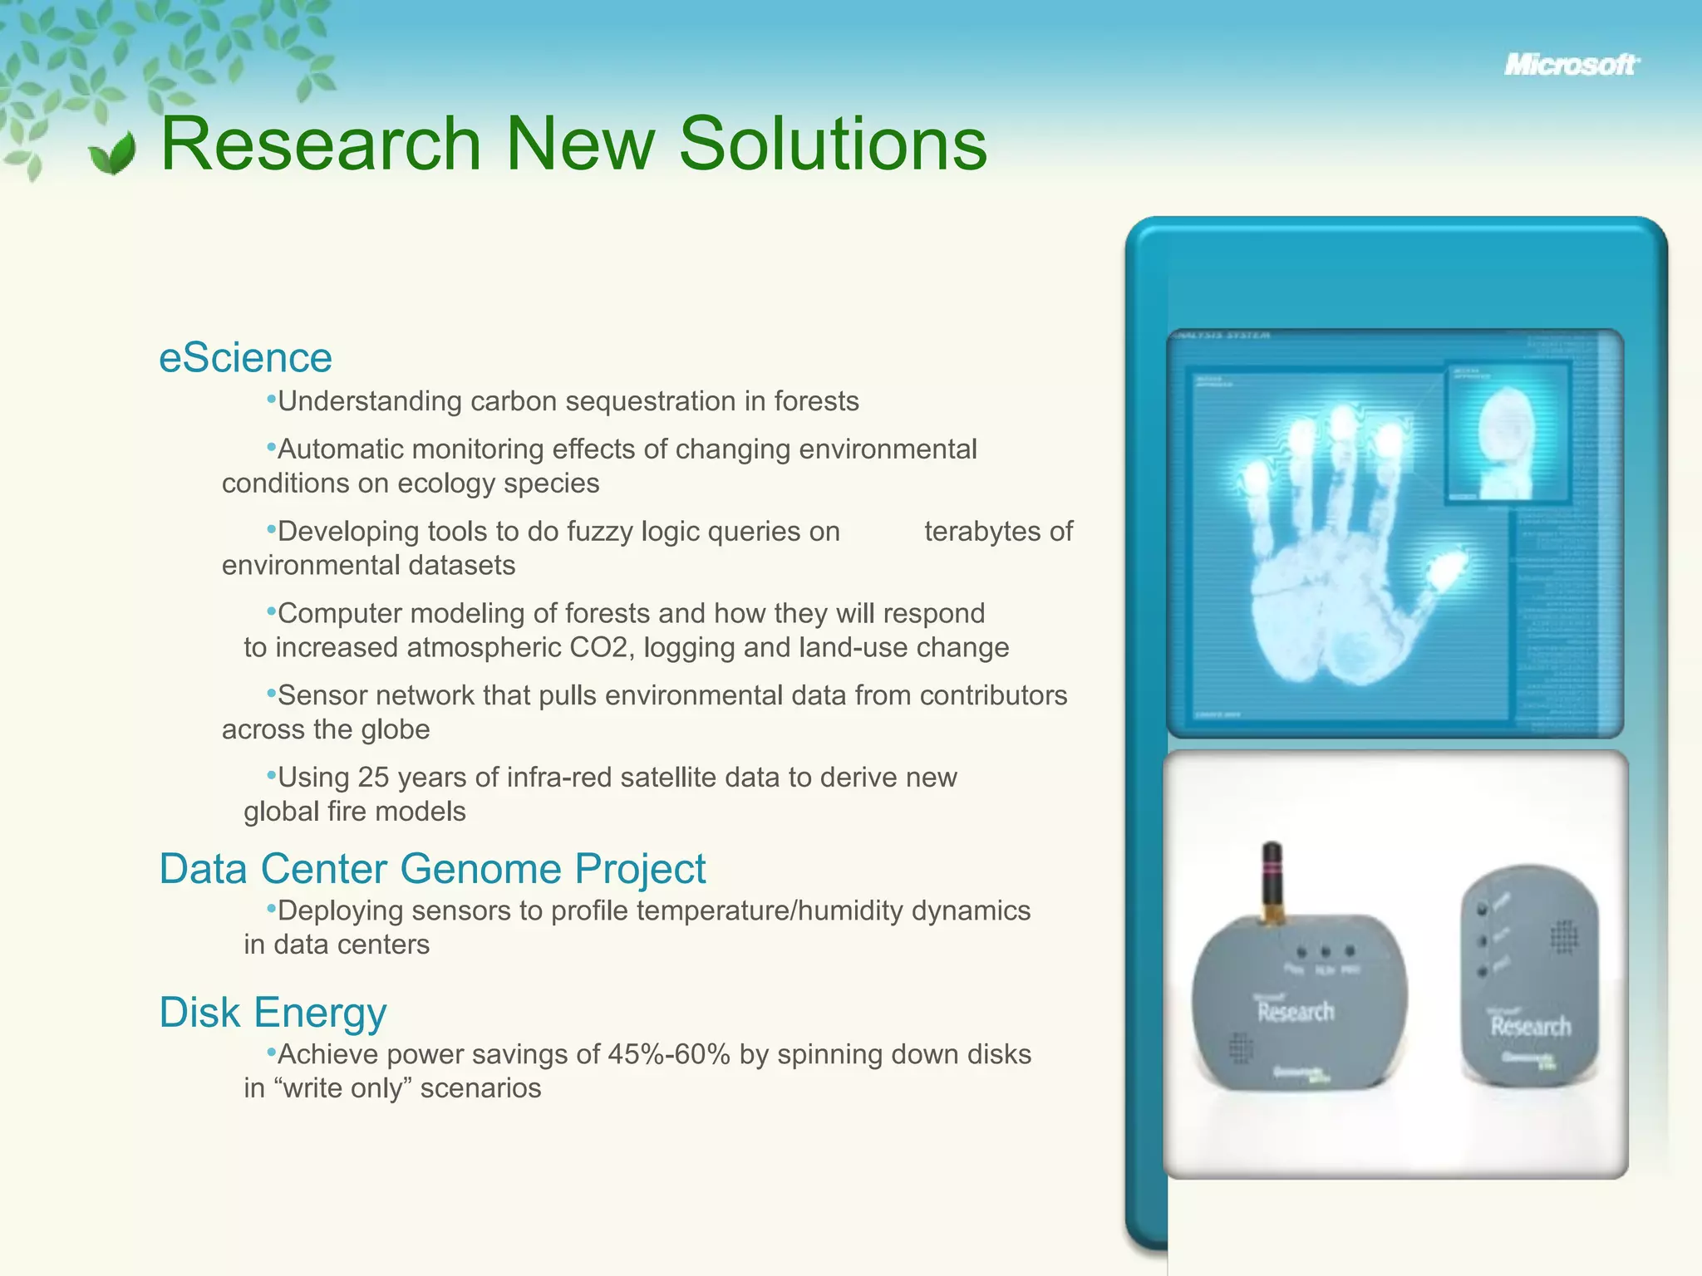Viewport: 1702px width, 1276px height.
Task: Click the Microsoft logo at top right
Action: (1571, 65)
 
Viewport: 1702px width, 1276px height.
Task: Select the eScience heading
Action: (245, 358)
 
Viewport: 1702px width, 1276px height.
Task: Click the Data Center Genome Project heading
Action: (432, 869)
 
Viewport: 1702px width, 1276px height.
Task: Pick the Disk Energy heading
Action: (273, 1013)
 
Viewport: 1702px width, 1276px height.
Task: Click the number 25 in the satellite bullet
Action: (373, 778)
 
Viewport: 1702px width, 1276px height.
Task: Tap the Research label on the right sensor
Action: (1530, 1027)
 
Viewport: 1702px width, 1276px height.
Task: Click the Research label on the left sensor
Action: (1295, 1012)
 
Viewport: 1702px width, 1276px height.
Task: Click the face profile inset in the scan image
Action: (1506, 434)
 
